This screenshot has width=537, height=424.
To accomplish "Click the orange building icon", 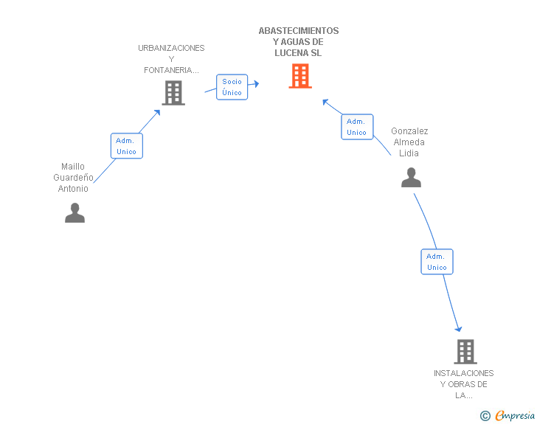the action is (x=300, y=76).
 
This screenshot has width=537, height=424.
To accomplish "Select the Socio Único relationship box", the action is (x=232, y=87).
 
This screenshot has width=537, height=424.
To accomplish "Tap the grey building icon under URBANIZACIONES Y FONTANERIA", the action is (x=173, y=92).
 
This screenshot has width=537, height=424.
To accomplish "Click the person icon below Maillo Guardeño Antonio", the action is (x=75, y=212).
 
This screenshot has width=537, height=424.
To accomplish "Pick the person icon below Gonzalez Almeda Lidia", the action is (x=411, y=178).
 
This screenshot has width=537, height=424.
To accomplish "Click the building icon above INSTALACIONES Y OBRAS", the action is (x=465, y=352).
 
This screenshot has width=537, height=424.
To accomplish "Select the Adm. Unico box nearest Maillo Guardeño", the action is (x=127, y=146).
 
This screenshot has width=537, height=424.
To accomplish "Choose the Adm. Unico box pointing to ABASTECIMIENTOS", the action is (x=357, y=127).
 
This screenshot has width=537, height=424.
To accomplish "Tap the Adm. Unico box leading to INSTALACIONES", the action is (x=437, y=262).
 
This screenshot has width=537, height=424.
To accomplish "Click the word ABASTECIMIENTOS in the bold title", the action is (x=299, y=31).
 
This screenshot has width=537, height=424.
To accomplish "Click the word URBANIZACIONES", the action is (x=171, y=48).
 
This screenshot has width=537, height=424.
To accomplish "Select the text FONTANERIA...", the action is (x=171, y=70).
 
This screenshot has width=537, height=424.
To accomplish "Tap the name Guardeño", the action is (x=73, y=178).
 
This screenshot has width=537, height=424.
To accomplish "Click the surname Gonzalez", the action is (x=409, y=131).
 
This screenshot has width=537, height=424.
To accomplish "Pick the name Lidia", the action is (x=409, y=153).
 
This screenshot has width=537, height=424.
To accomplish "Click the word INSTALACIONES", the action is (x=464, y=373).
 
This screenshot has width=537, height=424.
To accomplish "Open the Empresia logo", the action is (x=507, y=415).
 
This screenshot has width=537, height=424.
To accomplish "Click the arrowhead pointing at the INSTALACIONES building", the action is (x=459, y=329).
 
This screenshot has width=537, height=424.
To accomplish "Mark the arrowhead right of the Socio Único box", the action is (x=256, y=83).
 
